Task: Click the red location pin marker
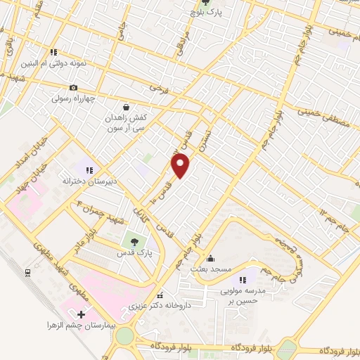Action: [x=181, y=165]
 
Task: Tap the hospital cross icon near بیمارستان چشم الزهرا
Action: [x=81, y=314]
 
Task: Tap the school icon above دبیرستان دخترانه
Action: [x=89, y=169]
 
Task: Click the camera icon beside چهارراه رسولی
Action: [x=72, y=88]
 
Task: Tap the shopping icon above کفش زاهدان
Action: [x=125, y=108]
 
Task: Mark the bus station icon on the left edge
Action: [x=27, y=272]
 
